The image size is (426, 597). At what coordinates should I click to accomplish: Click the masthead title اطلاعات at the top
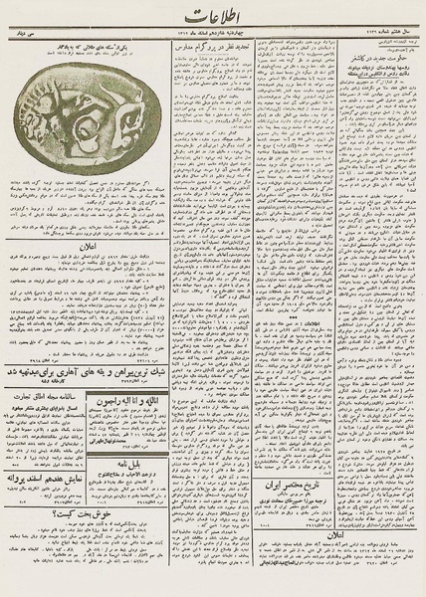211,17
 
